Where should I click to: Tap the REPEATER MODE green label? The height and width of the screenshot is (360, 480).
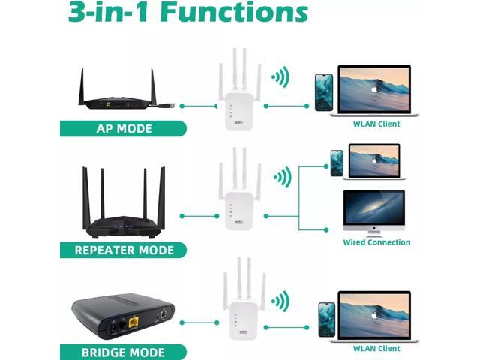coord(124,250)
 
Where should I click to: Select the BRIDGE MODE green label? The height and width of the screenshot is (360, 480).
coord(123,351)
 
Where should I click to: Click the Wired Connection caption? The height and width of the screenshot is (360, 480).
coord(376,242)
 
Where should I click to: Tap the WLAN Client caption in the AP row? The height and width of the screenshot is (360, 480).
coord(376,124)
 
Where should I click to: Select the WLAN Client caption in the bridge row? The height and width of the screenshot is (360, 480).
coord(376,348)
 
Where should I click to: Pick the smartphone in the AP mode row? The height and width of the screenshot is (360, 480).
coord(323,91)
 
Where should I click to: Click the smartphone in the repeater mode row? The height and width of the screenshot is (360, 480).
coord(337,162)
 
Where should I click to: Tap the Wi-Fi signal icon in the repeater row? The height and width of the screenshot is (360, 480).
coord(282,178)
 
